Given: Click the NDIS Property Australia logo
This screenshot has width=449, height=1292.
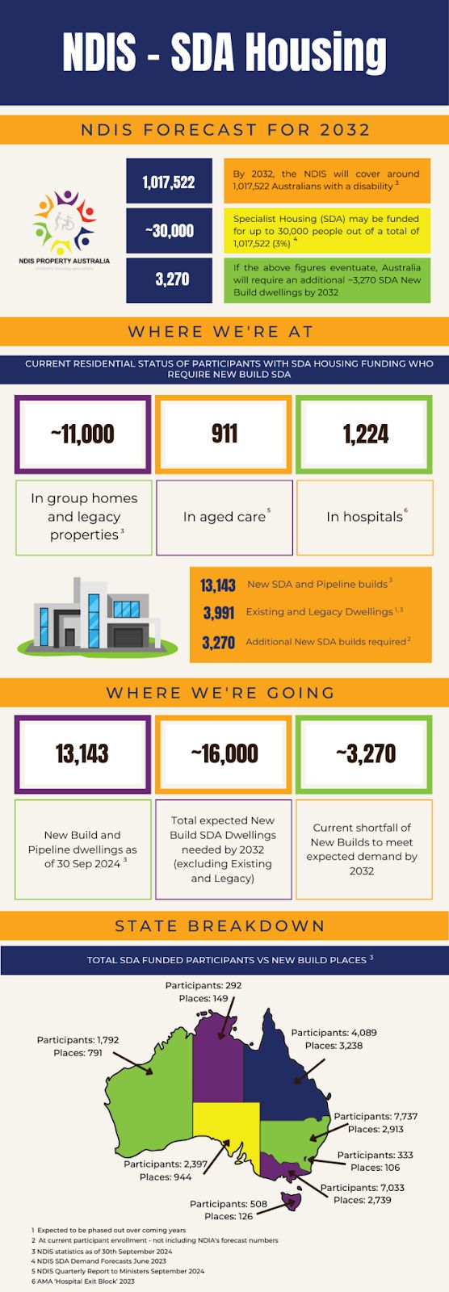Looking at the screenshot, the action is (65, 225).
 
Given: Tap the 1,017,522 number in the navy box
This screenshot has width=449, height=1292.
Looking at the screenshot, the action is (169, 182).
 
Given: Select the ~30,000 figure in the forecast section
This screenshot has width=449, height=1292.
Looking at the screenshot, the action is (169, 231).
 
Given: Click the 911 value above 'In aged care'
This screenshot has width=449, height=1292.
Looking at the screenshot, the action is (224, 434).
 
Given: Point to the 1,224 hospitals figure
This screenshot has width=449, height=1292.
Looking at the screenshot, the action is (366, 434).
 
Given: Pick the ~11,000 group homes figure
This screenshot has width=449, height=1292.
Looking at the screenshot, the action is (82, 434).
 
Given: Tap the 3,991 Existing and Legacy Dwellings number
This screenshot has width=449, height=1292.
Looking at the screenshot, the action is (218, 613).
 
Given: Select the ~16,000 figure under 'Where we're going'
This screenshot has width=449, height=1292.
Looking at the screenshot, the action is (224, 754).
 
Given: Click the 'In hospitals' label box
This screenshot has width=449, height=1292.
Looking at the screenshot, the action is (365, 517).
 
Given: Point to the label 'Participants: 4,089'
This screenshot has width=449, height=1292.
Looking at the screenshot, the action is (334, 1033).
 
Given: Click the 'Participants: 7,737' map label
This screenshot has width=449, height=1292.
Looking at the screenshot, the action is (376, 1117).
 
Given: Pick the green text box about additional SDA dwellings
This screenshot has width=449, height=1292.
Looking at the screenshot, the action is (326, 279).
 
